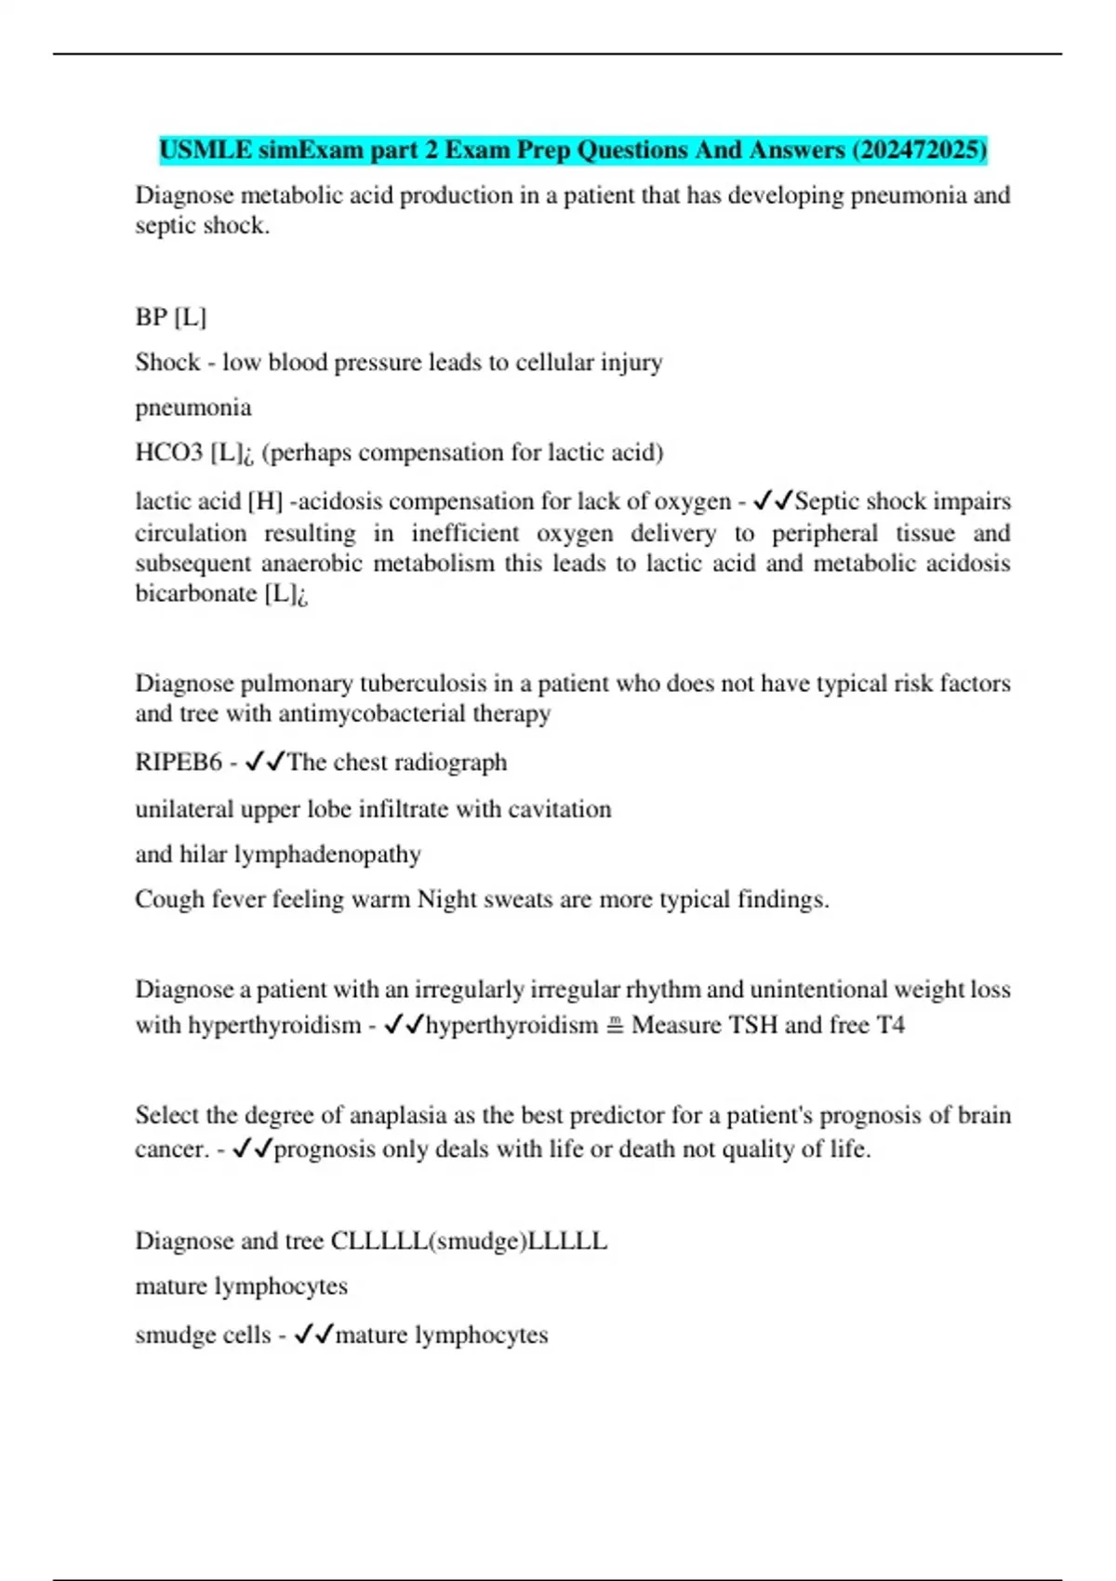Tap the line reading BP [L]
pos(171,317)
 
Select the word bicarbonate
pos(196,593)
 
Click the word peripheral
pos(824,533)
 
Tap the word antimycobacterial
pos(384,713)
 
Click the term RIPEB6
pos(179,763)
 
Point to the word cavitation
pos(559,809)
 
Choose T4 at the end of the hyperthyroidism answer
pos(890,1025)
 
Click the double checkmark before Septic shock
pos(773,502)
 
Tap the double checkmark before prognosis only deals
pos(252,1149)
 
